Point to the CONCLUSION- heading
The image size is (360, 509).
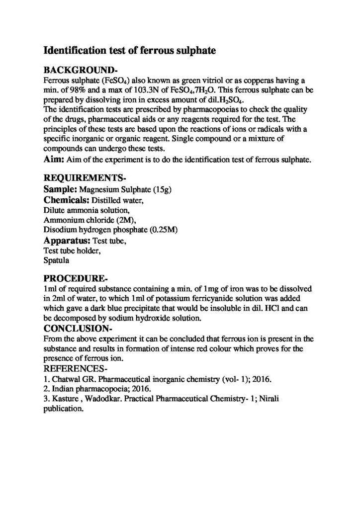[79, 329]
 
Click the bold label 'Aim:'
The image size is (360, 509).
[54, 160]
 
